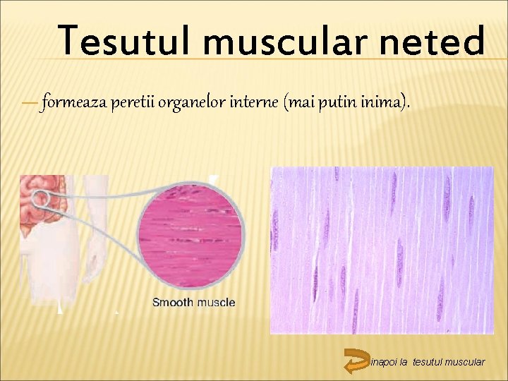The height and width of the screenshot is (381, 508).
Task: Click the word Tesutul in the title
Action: click(x=123, y=40)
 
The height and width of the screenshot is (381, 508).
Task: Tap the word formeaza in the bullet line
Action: click(x=72, y=103)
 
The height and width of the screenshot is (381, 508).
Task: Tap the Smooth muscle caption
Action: click(x=194, y=303)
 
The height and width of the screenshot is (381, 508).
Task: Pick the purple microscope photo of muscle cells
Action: click(x=382, y=250)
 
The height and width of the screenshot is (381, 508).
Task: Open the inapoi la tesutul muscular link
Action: click(x=428, y=362)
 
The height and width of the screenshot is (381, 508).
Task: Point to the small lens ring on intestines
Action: click(x=41, y=198)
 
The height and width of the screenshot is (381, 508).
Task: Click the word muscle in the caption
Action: click(x=216, y=303)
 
